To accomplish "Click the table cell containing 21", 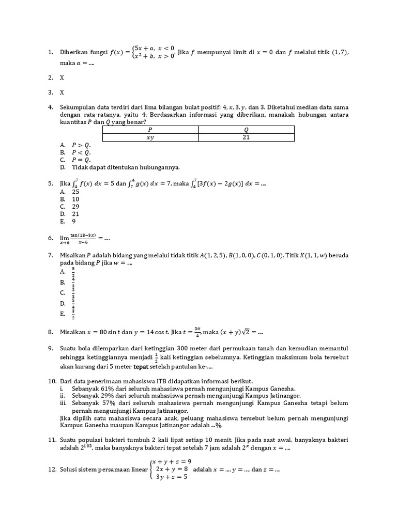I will (x=246, y=138).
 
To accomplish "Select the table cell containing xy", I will (x=150, y=138).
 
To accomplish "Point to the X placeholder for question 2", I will (x=62, y=77).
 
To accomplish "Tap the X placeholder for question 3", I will (x=62, y=92).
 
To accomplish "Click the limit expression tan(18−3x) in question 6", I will (x=83, y=236).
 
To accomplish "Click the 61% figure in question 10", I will (x=105, y=388).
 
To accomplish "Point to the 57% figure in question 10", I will (x=105, y=403).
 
